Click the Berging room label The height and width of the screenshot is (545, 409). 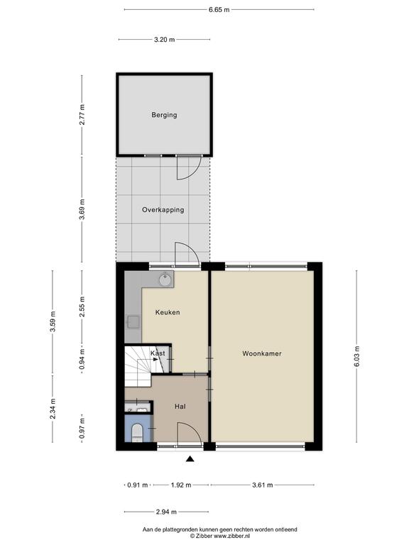(x=164, y=115)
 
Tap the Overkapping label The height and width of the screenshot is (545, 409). (x=163, y=210)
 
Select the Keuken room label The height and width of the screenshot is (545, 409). (x=168, y=312)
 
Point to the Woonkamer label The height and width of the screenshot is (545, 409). (x=262, y=353)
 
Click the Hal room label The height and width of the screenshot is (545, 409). (x=180, y=407)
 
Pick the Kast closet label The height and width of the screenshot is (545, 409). (x=158, y=353)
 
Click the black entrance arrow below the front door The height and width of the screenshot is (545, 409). (x=190, y=459)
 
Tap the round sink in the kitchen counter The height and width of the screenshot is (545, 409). (x=165, y=279)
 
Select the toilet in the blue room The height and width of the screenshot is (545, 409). (x=137, y=433)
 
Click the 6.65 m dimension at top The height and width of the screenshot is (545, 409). (x=219, y=10)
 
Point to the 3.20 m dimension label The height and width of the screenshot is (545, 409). (x=165, y=40)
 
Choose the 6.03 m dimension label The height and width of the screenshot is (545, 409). (x=357, y=357)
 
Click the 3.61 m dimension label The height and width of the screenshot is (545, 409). (x=263, y=485)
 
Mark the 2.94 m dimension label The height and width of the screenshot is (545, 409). (x=166, y=512)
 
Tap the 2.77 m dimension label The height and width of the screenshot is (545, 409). (x=82, y=115)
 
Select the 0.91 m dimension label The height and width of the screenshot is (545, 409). (x=138, y=485)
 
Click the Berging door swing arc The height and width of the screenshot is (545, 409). (x=192, y=173)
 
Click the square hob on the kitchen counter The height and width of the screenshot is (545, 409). (x=133, y=322)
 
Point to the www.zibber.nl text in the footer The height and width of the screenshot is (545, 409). (x=231, y=536)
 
